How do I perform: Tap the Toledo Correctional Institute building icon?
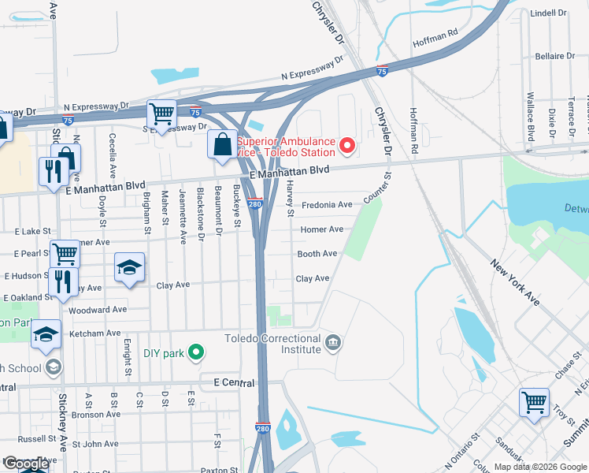coord(333,343)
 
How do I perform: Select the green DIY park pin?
coord(200,353)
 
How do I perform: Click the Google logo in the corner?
coord(25,464)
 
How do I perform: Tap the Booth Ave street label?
coord(317,254)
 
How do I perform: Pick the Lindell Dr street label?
coord(548,13)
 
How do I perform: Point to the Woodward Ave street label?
coord(98,310)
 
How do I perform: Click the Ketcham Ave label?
coord(94,333)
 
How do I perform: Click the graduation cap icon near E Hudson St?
coord(129,267)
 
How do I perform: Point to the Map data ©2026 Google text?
coord(539,467)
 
